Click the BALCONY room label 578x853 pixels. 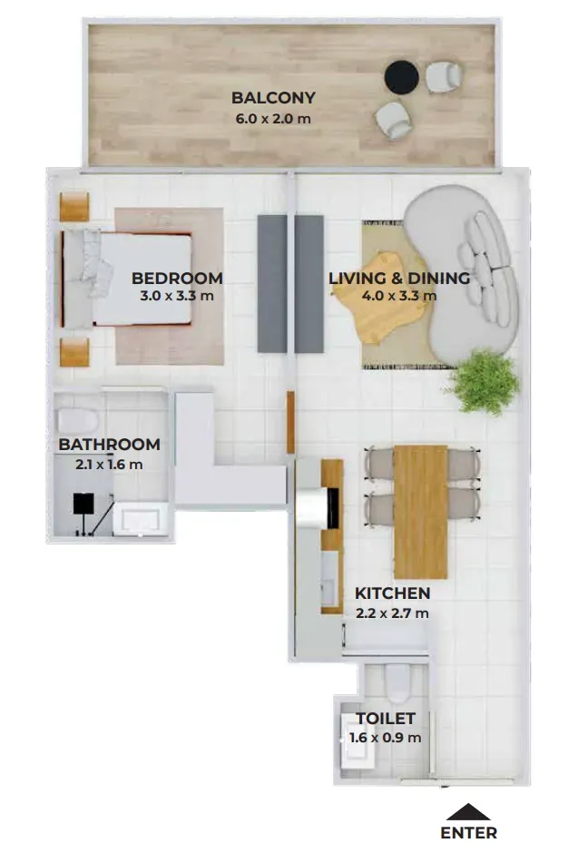273,98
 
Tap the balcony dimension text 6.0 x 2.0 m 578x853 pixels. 273,119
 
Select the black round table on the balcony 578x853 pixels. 401,77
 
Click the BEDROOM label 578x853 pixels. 177,278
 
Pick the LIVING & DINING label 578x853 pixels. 399,278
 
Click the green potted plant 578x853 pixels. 482,381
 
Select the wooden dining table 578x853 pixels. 420,512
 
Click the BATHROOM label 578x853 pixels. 109,445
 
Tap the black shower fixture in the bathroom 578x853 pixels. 83,504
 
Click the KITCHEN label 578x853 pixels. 393,593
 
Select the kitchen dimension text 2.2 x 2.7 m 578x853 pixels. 392,613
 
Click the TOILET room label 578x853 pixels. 386,719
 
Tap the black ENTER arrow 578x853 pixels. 468,811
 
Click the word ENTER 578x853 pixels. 469,833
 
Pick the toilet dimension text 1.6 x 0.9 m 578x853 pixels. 386,739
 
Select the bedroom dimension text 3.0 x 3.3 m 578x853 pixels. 177,296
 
